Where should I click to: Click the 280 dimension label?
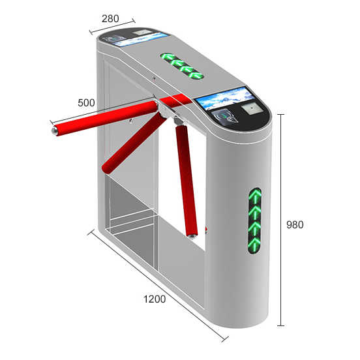click(x=110, y=19)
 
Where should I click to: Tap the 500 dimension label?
click(x=86, y=102)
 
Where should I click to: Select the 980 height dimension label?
click(x=295, y=224)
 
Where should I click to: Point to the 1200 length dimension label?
click(x=155, y=299)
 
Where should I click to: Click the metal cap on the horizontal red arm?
click(x=54, y=131)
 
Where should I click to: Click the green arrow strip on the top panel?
click(x=182, y=66)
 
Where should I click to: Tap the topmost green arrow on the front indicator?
click(x=255, y=197)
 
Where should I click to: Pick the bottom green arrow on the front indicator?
click(x=254, y=245)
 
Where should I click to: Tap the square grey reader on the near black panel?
click(x=252, y=108)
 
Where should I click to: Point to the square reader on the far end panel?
click(x=142, y=32)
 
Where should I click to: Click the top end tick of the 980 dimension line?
click(x=281, y=114)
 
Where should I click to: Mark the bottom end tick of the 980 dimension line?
click(x=281, y=325)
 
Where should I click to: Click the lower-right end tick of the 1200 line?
click(x=225, y=339)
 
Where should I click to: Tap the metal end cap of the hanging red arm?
click(x=192, y=235)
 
